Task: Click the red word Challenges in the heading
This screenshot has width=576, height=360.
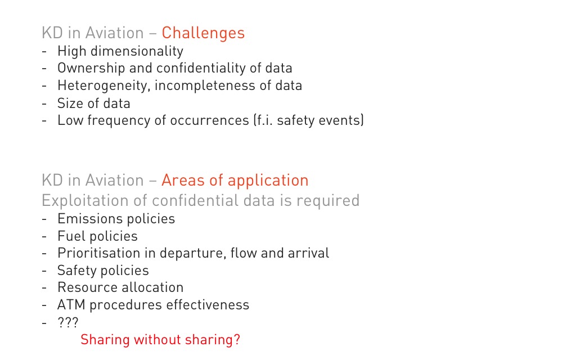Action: tap(203, 33)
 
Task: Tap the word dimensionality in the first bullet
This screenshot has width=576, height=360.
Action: tap(137, 51)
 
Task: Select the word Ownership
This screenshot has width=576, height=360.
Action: tap(91, 68)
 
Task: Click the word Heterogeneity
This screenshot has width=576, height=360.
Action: tap(103, 86)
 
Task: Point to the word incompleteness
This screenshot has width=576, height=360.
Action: tap(205, 86)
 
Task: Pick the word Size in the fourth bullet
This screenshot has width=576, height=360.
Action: tap(70, 103)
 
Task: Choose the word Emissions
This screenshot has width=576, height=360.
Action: tap(85, 219)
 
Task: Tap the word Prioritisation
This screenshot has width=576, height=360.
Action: tap(106, 253)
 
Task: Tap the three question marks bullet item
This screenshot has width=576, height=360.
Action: tap(68, 322)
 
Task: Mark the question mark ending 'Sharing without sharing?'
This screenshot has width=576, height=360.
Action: tap(237, 339)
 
